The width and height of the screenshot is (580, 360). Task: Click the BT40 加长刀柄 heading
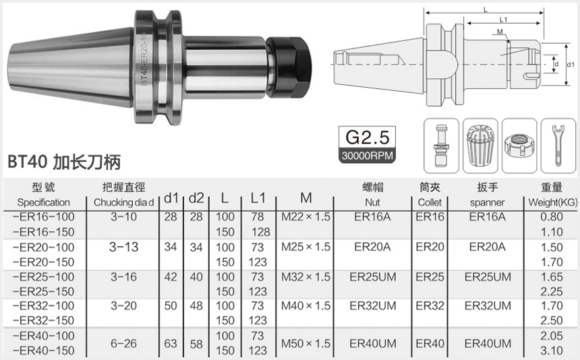64,162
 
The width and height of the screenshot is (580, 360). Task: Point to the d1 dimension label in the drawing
571,64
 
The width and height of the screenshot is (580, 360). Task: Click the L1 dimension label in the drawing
503,20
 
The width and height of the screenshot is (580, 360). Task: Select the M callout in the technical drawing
498,32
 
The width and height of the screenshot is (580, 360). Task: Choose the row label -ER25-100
44,277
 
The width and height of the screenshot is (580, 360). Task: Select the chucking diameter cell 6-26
123,343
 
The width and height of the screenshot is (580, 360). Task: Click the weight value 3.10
551,351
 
